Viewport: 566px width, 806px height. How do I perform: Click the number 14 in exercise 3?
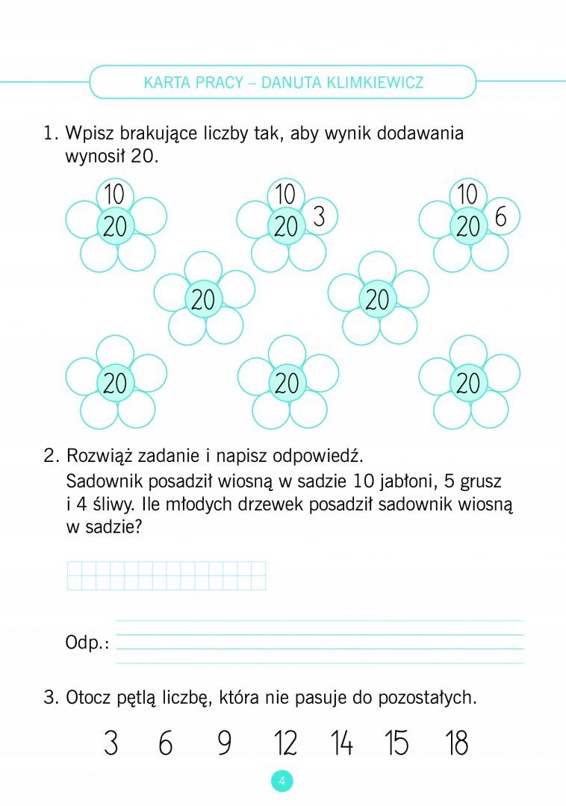tap(342, 743)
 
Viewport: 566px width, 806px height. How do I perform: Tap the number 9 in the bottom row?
tap(224, 743)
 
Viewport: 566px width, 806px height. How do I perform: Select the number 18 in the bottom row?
tap(456, 743)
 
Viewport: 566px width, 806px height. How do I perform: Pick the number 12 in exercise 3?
tap(285, 743)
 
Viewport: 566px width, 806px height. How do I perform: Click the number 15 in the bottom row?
tap(397, 743)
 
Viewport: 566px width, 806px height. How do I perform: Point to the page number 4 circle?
tap(282, 781)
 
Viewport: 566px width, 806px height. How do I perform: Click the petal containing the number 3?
tap(320, 217)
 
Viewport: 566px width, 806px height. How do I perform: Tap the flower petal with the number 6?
tap(500, 217)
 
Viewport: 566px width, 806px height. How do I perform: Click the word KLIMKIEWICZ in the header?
tap(374, 82)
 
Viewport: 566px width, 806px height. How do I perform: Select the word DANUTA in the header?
tap(291, 82)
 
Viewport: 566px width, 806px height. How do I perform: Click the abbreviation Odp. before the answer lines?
tap(87, 643)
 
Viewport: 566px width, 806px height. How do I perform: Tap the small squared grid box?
tap(167, 575)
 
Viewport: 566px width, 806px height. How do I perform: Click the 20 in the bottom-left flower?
tap(115, 384)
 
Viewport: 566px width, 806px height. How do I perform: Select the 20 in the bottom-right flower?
tap(468, 384)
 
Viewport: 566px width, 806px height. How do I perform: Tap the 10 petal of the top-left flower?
tap(114, 195)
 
